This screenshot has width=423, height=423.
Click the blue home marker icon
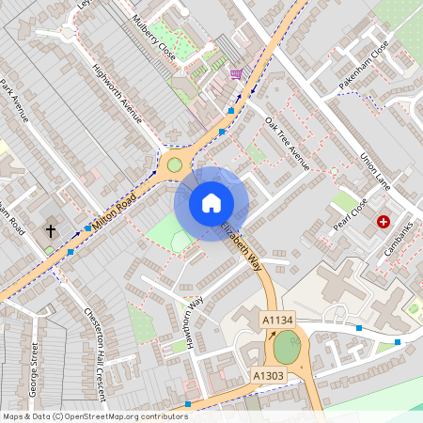point(211,203)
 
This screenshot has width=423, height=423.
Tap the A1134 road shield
point(277,321)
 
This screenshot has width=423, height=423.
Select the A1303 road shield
point(268,375)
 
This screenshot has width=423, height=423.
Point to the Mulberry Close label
point(155,38)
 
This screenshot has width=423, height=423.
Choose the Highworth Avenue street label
point(117,92)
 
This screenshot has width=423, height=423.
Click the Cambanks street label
point(399,240)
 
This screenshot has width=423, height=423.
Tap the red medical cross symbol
point(384,222)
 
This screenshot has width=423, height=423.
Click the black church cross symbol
point(51,230)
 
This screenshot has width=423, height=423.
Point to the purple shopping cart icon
point(235,74)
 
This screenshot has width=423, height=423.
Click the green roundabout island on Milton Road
point(174,165)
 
